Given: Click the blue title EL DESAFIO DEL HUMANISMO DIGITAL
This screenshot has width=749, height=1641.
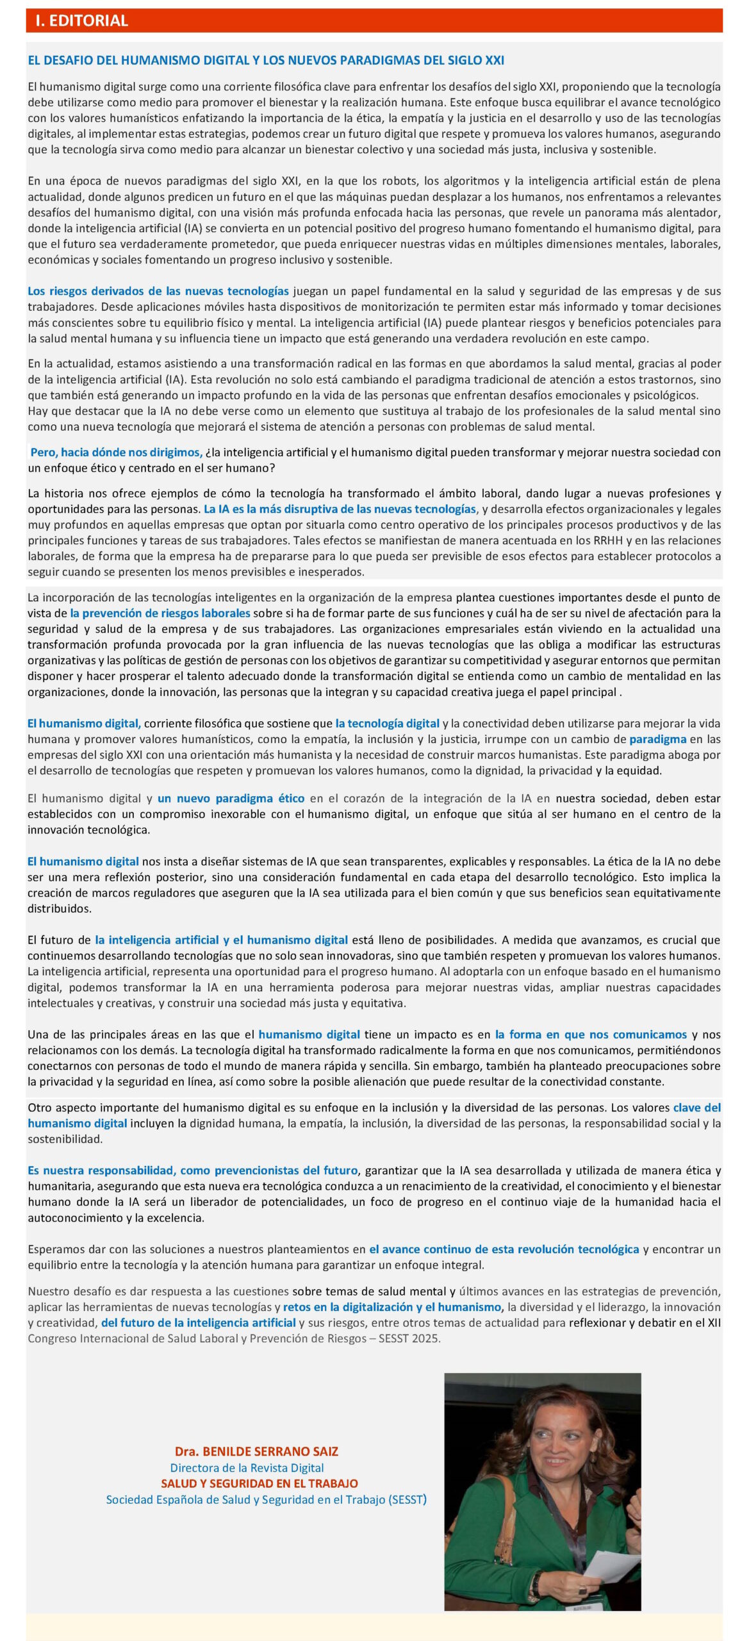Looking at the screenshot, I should point(265,60).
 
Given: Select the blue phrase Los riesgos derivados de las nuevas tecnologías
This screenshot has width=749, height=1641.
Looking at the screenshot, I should point(158,291).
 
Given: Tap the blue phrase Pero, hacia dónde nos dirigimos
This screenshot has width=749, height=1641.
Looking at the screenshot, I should point(117,452).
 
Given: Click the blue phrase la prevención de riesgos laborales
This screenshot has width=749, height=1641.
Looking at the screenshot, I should point(160,613).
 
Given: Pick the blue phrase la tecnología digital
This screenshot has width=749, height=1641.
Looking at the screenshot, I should point(387,724).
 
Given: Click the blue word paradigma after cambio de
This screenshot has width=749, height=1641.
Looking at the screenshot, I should point(657,739).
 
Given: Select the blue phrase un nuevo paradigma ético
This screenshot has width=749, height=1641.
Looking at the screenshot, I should point(231,798).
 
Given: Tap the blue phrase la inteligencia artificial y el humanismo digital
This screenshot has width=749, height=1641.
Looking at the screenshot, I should point(221,940).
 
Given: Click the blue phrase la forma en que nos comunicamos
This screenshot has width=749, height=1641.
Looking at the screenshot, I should point(591,1034).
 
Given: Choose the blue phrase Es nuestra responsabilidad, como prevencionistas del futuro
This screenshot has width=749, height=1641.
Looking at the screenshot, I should point(192,1170).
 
